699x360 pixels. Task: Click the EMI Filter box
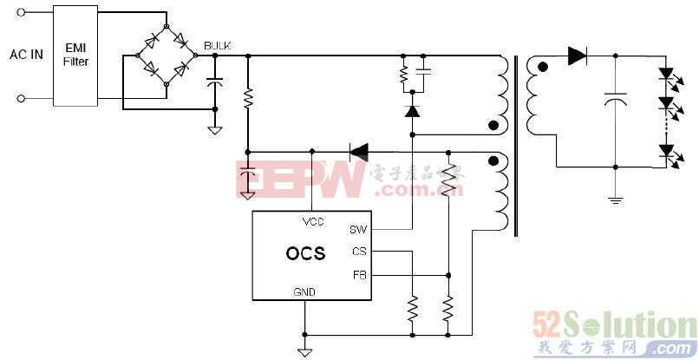(75, 56)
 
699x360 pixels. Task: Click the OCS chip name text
(305, 254)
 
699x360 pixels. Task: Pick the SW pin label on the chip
(358, 230)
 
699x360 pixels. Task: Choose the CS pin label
(359, 252)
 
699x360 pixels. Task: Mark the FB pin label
(359, 275)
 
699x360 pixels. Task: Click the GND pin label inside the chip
(304, 292)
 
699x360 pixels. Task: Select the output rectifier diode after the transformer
(578, 56)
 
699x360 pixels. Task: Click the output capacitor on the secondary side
(615, 101)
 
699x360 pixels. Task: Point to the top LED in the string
(666, 75)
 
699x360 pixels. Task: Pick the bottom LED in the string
(666, 150)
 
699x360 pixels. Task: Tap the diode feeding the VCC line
(358, 152)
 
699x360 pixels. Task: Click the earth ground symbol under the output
(615, 200)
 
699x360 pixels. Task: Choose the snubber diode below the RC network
(412, 111)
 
